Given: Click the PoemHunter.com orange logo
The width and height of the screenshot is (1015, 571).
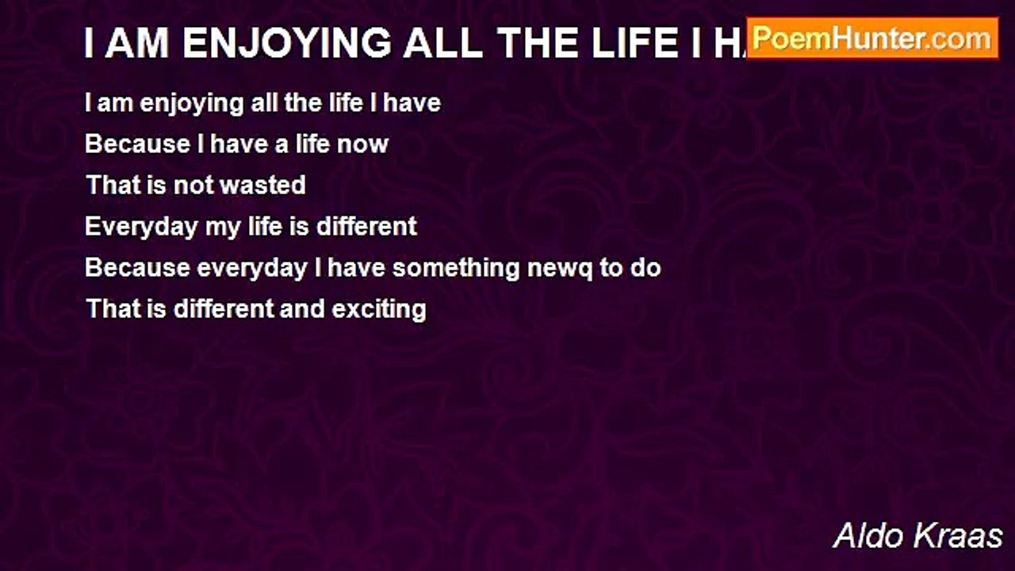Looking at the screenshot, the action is coord(872,39).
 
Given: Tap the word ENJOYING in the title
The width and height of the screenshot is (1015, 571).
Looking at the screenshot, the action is coord(287,43).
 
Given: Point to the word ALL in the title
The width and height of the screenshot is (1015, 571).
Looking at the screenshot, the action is coord(442,43).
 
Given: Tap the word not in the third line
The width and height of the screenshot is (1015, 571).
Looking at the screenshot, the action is coord(193,185).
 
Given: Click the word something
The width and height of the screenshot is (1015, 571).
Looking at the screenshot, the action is coord(456,268).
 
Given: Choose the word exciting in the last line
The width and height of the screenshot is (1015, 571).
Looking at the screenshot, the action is coord(379,310).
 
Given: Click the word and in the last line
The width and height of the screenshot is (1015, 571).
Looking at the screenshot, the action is coord(302,309).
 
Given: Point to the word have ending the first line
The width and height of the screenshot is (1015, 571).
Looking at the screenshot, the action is coord(412,102).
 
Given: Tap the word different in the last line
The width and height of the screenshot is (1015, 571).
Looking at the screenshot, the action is coord(224,308).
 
